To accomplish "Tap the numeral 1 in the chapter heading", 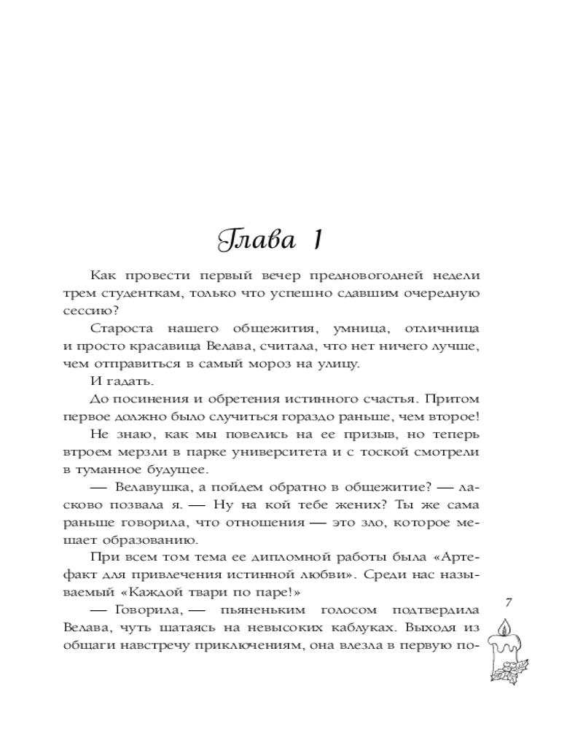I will point(319,240).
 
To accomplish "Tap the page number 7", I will point(509,602).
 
